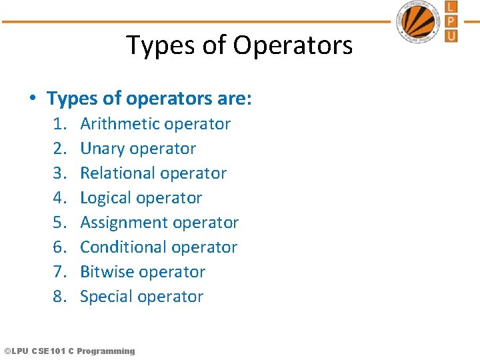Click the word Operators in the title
point(293,46)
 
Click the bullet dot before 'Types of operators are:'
point(32,99)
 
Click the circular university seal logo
point(421,22)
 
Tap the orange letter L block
point(451,7)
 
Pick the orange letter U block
point(451,35)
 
